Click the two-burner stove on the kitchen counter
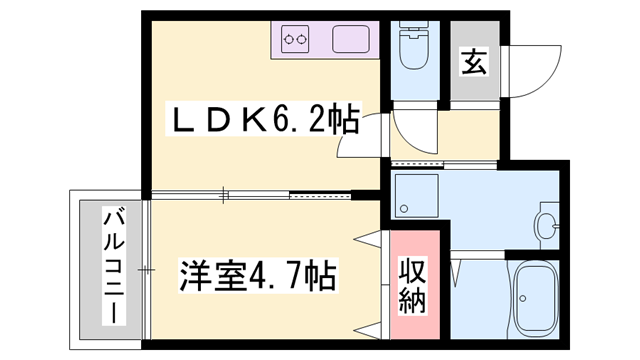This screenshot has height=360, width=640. [295, 41]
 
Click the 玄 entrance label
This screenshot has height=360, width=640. [473, 63]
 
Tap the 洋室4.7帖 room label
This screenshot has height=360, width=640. [257, 272]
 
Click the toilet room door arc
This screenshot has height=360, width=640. [413, 125]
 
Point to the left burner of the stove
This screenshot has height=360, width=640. [290, 41]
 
